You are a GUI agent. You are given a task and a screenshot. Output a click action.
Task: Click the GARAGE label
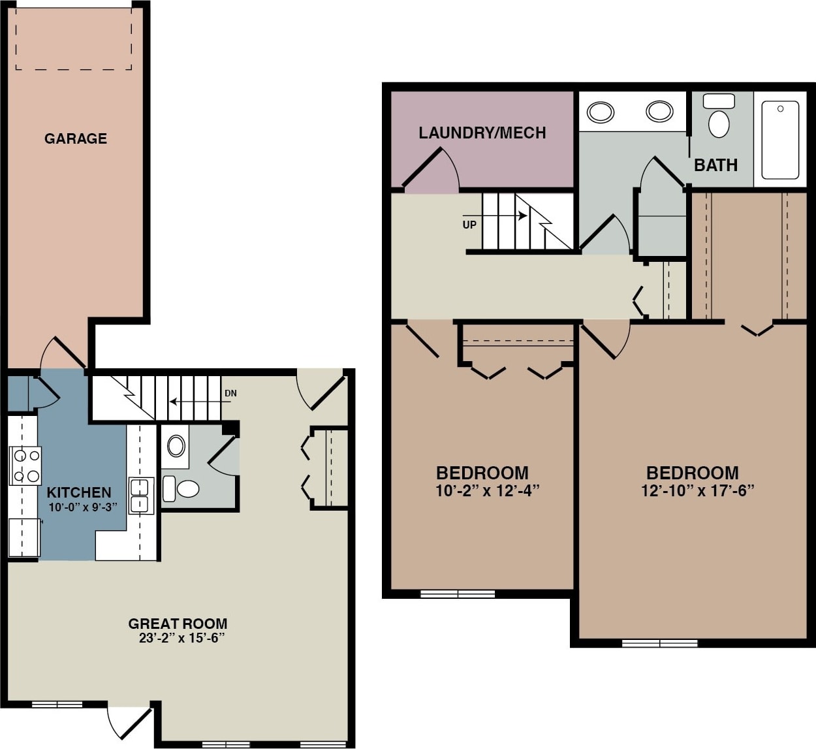[76, 138]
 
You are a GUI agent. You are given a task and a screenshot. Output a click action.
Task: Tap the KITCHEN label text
[79, 492]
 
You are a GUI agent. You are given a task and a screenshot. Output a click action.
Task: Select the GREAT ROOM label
[178, 624]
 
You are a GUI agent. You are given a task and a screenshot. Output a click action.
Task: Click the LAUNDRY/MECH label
[482, 133]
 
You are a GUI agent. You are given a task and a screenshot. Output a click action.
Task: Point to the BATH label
[715, 165]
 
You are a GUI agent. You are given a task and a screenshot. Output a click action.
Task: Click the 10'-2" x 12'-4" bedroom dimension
[487, 490]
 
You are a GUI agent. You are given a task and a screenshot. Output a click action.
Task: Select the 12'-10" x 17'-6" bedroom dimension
[697, 490]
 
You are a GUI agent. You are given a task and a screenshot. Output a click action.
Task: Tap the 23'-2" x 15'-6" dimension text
[181, 638]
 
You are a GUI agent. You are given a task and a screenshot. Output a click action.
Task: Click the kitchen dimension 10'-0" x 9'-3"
[82, 507]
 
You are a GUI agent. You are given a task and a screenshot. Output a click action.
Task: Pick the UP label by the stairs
[469, 225]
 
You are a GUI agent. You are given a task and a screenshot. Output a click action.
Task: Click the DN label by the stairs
[230, 393]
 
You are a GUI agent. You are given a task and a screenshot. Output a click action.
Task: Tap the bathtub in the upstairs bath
[780, 139]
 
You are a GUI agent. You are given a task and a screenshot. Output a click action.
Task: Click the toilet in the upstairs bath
[719, 119]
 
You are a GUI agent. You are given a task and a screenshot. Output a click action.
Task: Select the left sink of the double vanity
[600, 112]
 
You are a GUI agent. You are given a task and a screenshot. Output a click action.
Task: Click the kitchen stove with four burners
[25, 466]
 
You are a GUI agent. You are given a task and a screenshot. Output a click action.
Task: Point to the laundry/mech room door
[431, 168]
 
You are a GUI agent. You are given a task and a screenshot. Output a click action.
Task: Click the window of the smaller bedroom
[458, 594]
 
